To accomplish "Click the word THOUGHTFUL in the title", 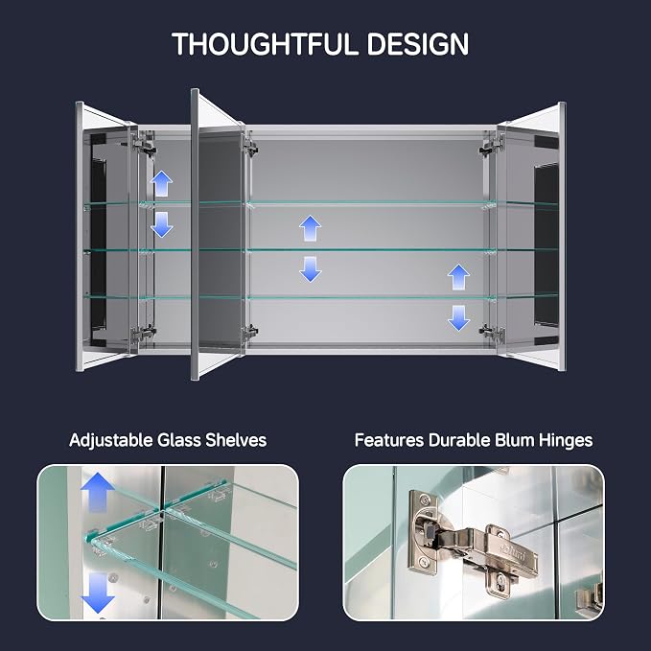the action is [265, 44].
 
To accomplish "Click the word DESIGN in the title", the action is [418, 44].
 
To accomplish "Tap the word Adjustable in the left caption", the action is [111, 440].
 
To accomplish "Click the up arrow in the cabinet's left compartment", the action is [161, 183].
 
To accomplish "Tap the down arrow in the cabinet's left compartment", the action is [161, 224].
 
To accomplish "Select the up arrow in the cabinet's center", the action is [310, 228].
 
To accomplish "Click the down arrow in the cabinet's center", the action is [310, 269].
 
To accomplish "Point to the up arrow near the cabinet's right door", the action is [459, 277].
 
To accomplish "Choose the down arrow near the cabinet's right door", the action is [459, 318].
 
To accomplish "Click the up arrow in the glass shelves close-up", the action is [98, 493].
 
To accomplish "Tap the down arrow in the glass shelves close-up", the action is [98, 593].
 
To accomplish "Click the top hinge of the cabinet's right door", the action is [492, 146].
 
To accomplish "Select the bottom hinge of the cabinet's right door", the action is [492, 332].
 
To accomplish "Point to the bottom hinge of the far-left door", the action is [143, 333].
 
